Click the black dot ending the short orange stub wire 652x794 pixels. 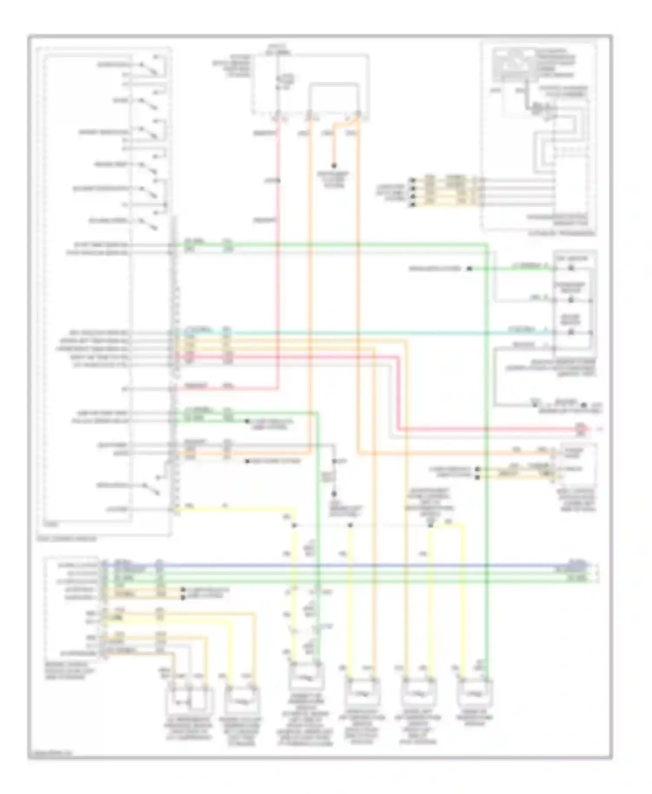point(334,166)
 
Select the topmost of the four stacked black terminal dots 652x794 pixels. point(412,180)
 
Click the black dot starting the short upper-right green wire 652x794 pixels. point(469,269)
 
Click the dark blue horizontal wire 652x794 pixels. point(348,566)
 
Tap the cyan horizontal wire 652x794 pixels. point(348,333)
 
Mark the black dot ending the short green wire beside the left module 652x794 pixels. point(247,421)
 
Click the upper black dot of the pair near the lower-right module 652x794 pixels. point(477,470)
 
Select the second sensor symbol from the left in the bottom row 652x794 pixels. point(242,701)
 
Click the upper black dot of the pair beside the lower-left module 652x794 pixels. point(183,592)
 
